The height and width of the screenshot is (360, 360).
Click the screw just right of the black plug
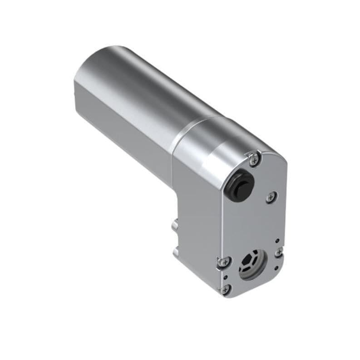[x=271, y=197]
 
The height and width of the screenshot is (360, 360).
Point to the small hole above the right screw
[x=276, y=242]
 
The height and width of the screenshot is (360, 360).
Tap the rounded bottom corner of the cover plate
[x=236, y=295]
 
